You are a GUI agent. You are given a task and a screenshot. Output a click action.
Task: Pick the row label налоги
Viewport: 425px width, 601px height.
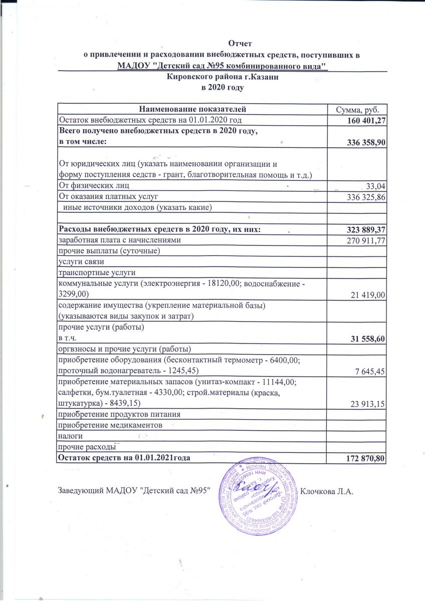point(71,436)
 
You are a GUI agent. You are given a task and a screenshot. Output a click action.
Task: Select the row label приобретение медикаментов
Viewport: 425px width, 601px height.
point(111,425)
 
